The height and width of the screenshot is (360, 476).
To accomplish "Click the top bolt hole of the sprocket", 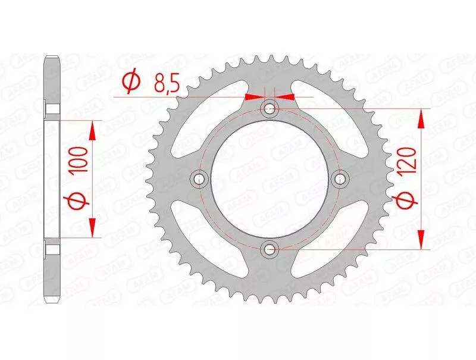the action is tap(270, 108).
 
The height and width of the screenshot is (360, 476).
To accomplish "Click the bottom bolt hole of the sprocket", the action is tap(270, 249).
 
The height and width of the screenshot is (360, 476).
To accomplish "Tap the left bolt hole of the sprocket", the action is tap(199, 179).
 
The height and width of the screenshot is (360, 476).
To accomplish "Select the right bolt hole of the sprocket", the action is tap(340, 179).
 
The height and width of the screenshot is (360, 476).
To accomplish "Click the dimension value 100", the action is tap(79, 159).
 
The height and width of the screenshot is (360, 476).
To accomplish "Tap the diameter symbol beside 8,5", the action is tap(131, 82).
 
